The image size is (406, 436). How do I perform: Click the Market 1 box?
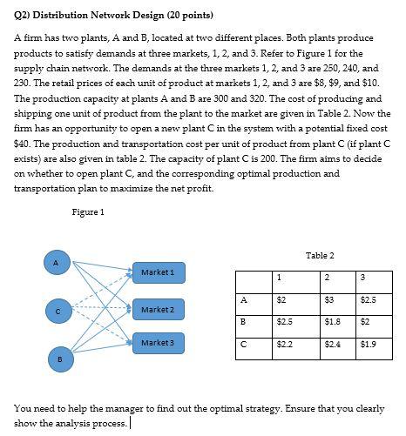tap(158, 272)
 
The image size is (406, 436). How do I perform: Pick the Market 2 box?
tap(158, 310)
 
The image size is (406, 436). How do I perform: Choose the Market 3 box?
tap(158, 343)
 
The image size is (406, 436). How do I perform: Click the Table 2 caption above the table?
tap(320, 255)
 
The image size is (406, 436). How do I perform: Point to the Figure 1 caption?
tap(88, 212)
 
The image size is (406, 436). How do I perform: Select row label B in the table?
tap(244, 321)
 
